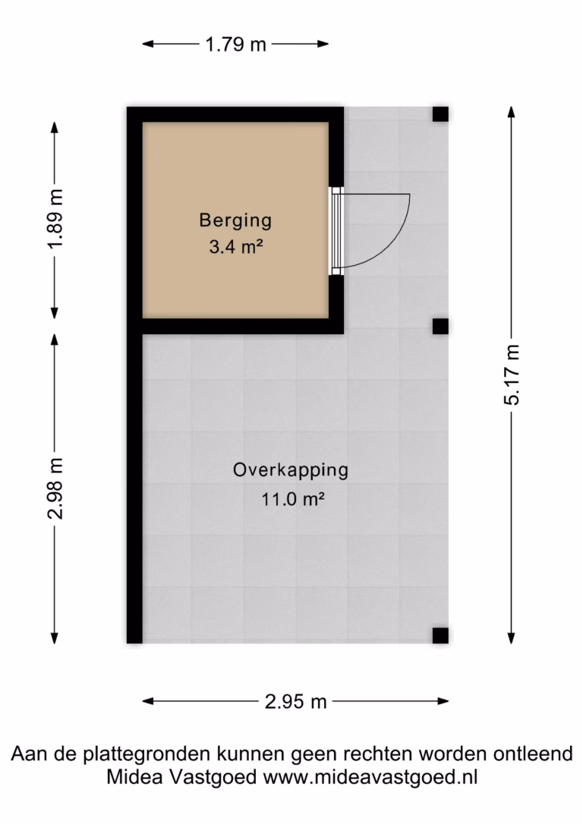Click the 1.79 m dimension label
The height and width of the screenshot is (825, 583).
235,44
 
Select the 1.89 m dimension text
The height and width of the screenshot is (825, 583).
55,219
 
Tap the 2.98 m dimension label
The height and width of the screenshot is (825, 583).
55,488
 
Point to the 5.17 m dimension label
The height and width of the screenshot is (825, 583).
512,375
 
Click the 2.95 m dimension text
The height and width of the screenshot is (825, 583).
295,701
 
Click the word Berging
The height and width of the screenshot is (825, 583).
235,220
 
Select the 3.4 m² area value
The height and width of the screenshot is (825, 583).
236,246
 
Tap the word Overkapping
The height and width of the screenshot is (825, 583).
291,470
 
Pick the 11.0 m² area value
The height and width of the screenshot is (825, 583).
293,498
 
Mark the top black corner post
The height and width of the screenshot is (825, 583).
440,114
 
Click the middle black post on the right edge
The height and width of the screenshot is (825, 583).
440,326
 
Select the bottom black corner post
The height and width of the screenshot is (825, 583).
440,636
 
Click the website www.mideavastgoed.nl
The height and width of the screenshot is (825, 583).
370,777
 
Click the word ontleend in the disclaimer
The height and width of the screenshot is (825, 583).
533,754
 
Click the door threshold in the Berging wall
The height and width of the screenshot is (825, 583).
336,231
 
